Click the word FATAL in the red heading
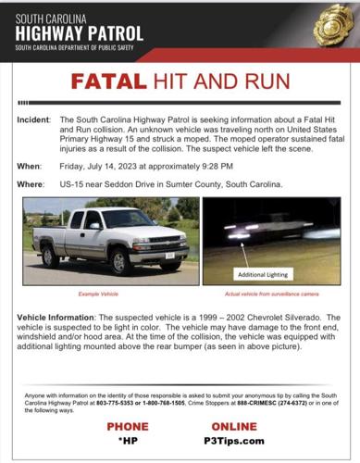109,81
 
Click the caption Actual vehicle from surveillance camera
271,294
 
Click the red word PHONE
127,426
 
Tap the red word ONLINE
241,426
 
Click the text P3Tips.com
241,442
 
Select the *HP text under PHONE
127,442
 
